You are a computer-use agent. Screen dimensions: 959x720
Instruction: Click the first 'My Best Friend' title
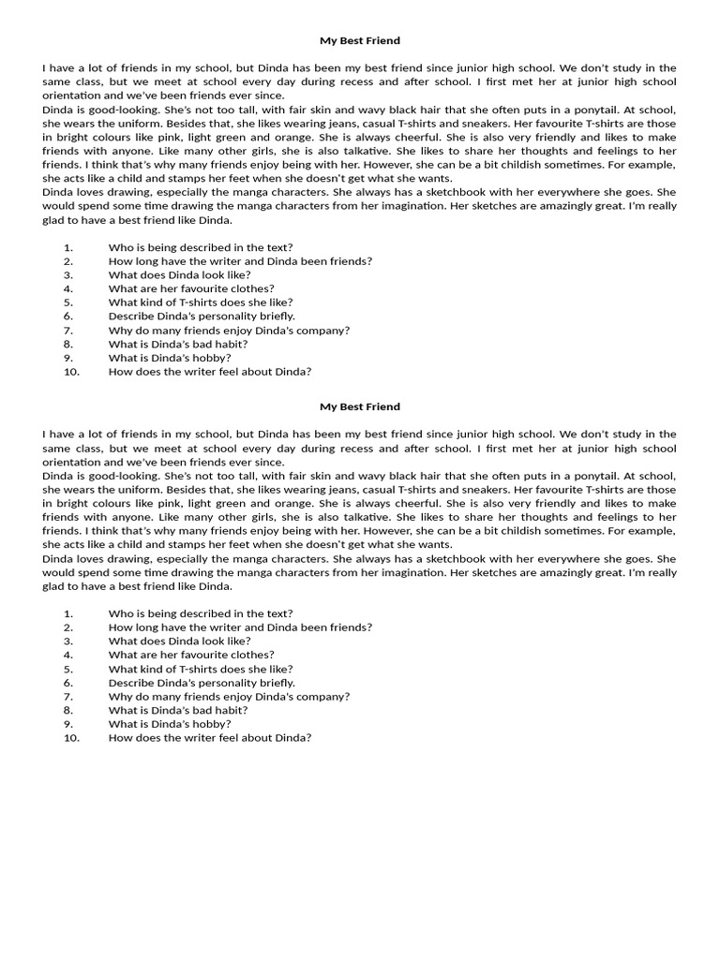click(x=360, y=41)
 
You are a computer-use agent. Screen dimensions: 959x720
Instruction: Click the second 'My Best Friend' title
click(x=360, y=406)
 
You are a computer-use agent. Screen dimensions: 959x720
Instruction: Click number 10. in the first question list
click(x=71, y=372)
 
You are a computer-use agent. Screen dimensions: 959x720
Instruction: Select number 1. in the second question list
click(x=68, y=613)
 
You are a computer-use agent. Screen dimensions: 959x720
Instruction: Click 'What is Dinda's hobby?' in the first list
click(x=170, y=358)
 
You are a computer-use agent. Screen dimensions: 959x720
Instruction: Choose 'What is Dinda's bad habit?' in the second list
click(x=178, y=710)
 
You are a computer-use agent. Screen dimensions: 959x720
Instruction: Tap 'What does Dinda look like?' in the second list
click(x=180, y=642)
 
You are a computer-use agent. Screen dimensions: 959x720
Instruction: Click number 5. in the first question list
click(x=68, y=302)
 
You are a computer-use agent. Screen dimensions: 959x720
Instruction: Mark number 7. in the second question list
click(x=68, y=697)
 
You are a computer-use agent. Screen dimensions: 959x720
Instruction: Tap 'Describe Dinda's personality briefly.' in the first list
click(x=202, y=317)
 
